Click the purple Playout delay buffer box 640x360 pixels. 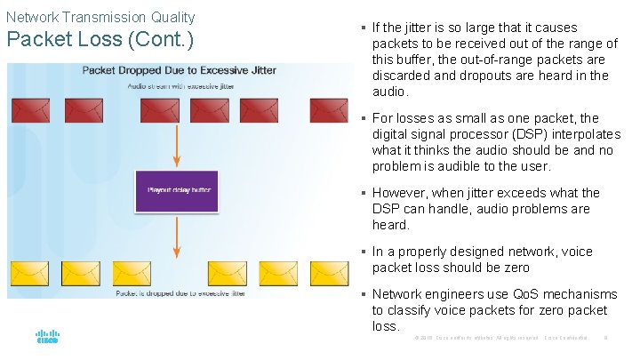[176, 189]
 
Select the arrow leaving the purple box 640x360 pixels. [176, 236]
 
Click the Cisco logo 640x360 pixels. [47, 338]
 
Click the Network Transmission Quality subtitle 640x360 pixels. [100, 17]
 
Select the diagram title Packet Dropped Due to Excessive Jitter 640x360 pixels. [179, 70]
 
